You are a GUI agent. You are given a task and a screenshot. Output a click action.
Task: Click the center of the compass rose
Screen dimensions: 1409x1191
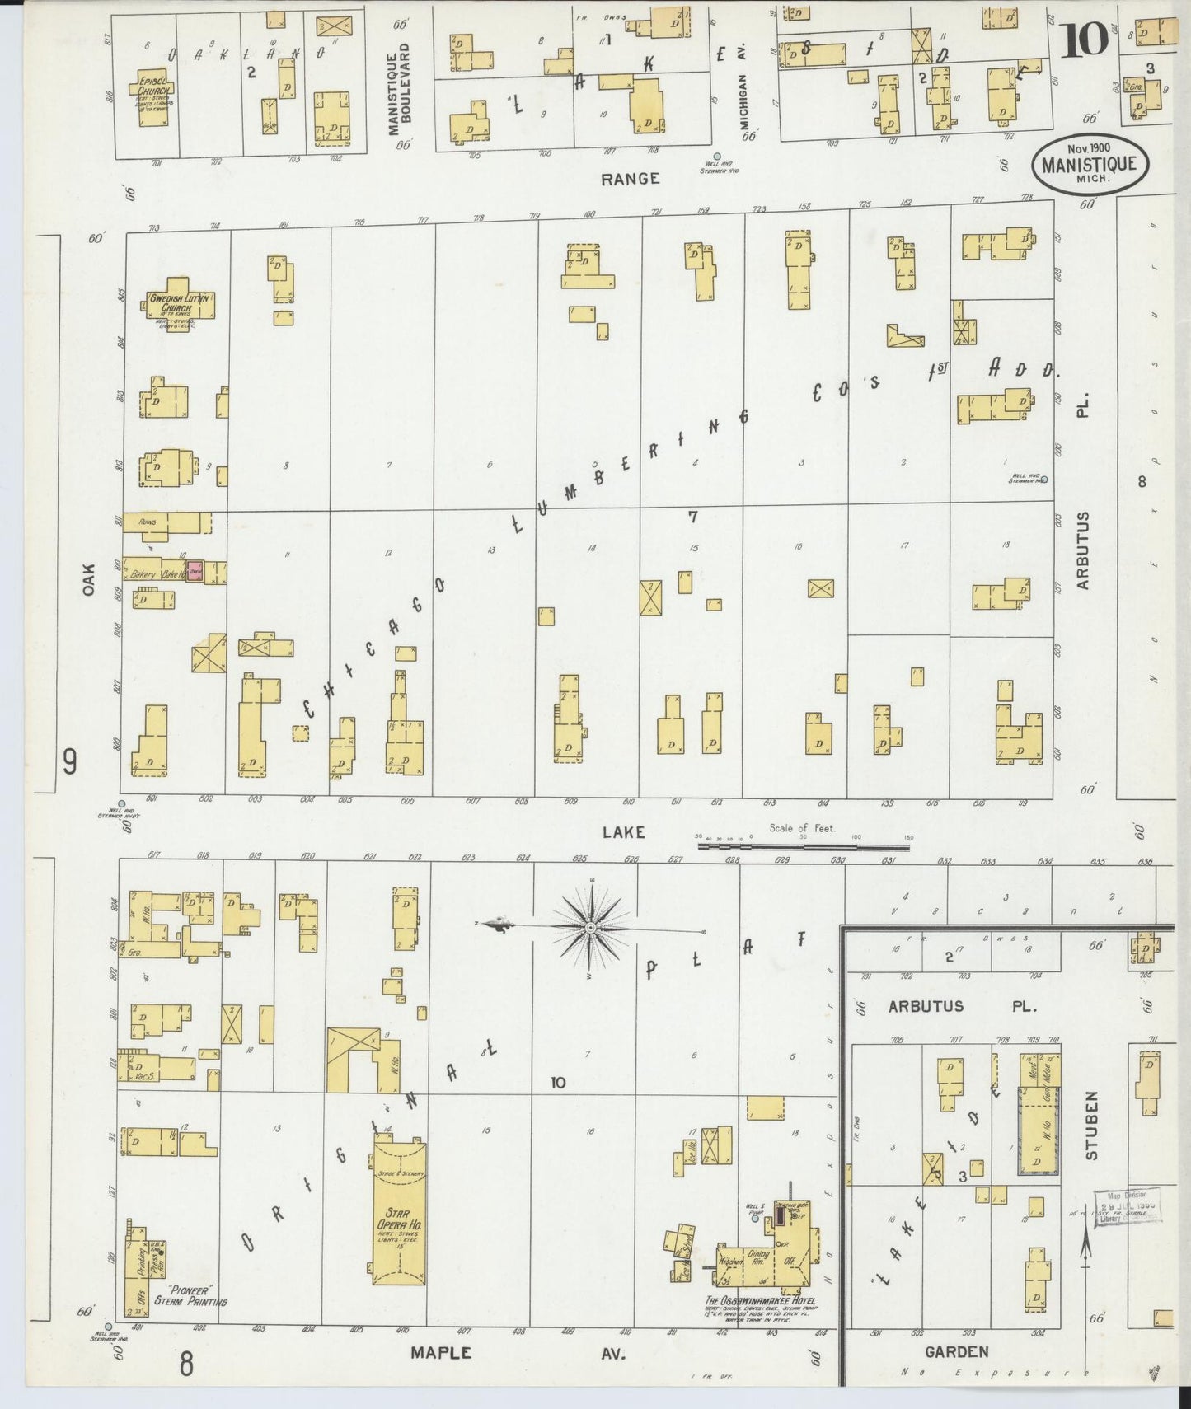tap(590, 929)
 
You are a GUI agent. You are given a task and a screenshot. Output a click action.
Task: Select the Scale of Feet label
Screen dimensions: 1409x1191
tap(802, 828)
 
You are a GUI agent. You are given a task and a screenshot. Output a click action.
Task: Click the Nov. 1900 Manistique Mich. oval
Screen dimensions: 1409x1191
tap(1088, 164)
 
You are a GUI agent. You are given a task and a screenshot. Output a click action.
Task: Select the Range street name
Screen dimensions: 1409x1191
tap(630, 178)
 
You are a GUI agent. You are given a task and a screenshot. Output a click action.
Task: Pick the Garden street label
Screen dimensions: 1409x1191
tap(956, 1352)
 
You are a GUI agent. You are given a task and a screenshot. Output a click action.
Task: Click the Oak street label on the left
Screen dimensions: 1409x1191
tap(89, 578)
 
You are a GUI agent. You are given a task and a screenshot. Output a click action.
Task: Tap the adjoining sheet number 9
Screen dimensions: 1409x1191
tap(70, 762)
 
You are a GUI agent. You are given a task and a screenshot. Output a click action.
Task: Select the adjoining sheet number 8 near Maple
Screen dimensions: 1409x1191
tap(186, 1364)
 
